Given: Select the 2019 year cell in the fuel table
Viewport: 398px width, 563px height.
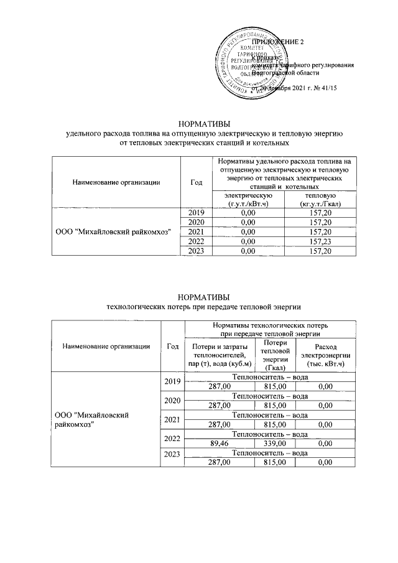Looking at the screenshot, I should point(196,213).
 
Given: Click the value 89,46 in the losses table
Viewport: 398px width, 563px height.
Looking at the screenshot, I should point(220,443).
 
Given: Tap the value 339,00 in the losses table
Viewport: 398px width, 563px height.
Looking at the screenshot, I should point(274,443).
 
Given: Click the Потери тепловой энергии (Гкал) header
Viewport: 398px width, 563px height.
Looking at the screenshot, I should point(274,355).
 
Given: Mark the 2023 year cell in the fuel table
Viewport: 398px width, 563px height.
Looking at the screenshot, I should point(196,251).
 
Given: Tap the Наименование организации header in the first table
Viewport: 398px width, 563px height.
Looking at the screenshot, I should point(117,182).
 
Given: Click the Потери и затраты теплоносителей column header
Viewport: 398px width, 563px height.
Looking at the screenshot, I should point(220,355).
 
